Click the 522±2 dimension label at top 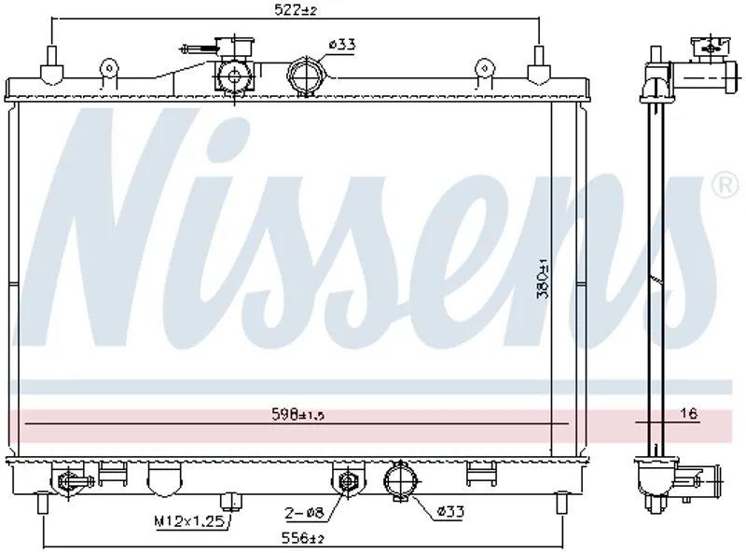296,10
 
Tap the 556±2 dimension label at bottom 303,538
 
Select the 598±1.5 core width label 297,414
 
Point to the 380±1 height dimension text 543,279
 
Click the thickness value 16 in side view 688,413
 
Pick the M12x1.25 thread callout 189,521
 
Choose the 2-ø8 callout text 304,513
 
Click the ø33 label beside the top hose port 341,45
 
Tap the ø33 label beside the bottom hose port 450,512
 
